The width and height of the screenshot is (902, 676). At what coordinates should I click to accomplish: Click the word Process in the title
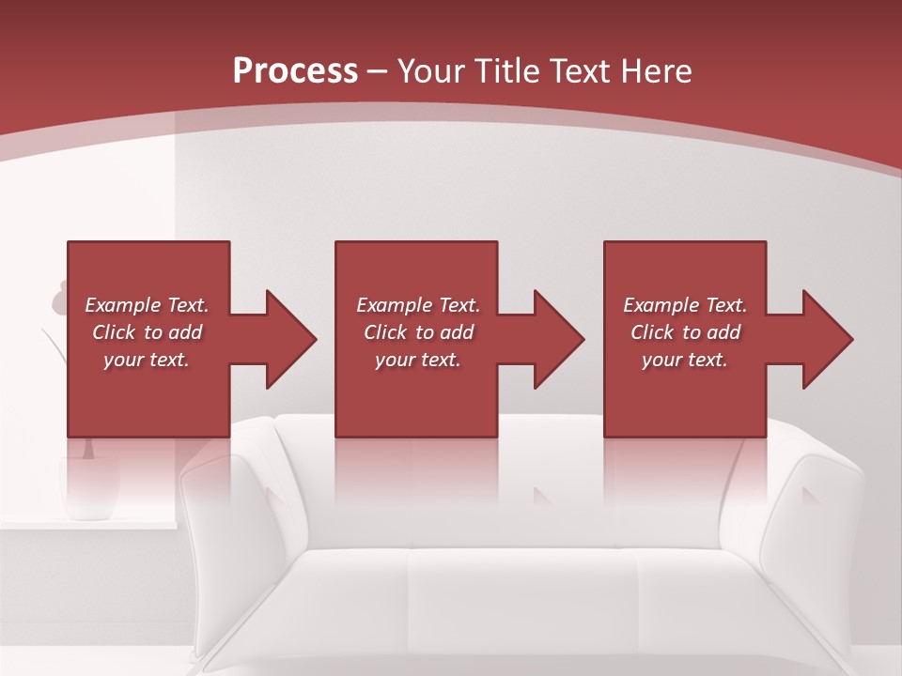tap(295, 71)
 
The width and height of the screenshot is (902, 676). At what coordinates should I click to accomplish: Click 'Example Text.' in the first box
tap(147, 305)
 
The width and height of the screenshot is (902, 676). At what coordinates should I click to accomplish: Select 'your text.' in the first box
tap(147, 360)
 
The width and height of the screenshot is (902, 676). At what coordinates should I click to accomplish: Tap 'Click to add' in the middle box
tap(418, 332)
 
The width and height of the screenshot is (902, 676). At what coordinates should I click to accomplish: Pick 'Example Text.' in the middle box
tap(418, 305)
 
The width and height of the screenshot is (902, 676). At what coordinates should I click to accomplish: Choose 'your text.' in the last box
tap(685, 360)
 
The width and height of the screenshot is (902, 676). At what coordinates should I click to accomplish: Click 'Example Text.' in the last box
tap(685, 305)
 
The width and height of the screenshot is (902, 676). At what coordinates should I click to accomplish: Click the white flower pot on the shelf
tap(90, 488)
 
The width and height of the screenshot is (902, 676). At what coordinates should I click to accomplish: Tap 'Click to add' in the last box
tap(685, 332)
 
